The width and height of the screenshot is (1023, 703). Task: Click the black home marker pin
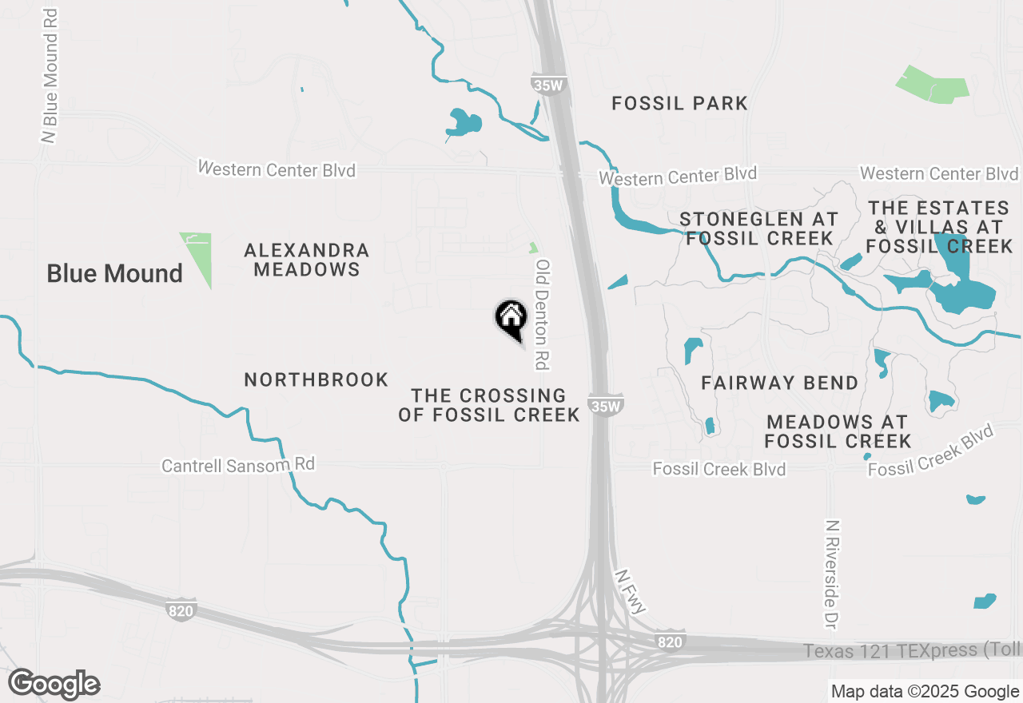click(x=511, y=319)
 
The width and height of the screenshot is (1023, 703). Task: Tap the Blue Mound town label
click(x=114, y=273)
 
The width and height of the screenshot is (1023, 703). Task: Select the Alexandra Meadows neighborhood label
click(x=307, y=260)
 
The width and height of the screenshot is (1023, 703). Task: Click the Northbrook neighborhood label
click(x=316, y=379)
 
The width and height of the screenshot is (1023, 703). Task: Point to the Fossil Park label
click(x=679, y=103)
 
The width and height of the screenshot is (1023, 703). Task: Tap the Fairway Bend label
click(x=779, y=383)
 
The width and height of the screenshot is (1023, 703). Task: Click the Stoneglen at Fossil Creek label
click(x=759, y=228)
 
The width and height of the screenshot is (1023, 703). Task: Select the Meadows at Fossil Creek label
click(x=837, y=431)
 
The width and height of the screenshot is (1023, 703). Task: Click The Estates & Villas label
click(x=939, y=228)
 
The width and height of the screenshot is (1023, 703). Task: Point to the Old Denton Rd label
click(x=543, y=315)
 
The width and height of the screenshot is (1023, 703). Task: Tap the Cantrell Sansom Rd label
click(x=238, y=465)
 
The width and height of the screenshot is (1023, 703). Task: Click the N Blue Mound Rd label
click(x=50, y=77)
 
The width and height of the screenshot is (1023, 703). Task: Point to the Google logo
click(x=54, y=684)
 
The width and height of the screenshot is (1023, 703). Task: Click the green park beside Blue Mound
click(x=198, y=257)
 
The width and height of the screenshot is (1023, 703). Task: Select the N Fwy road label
click(x=631, y=592)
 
